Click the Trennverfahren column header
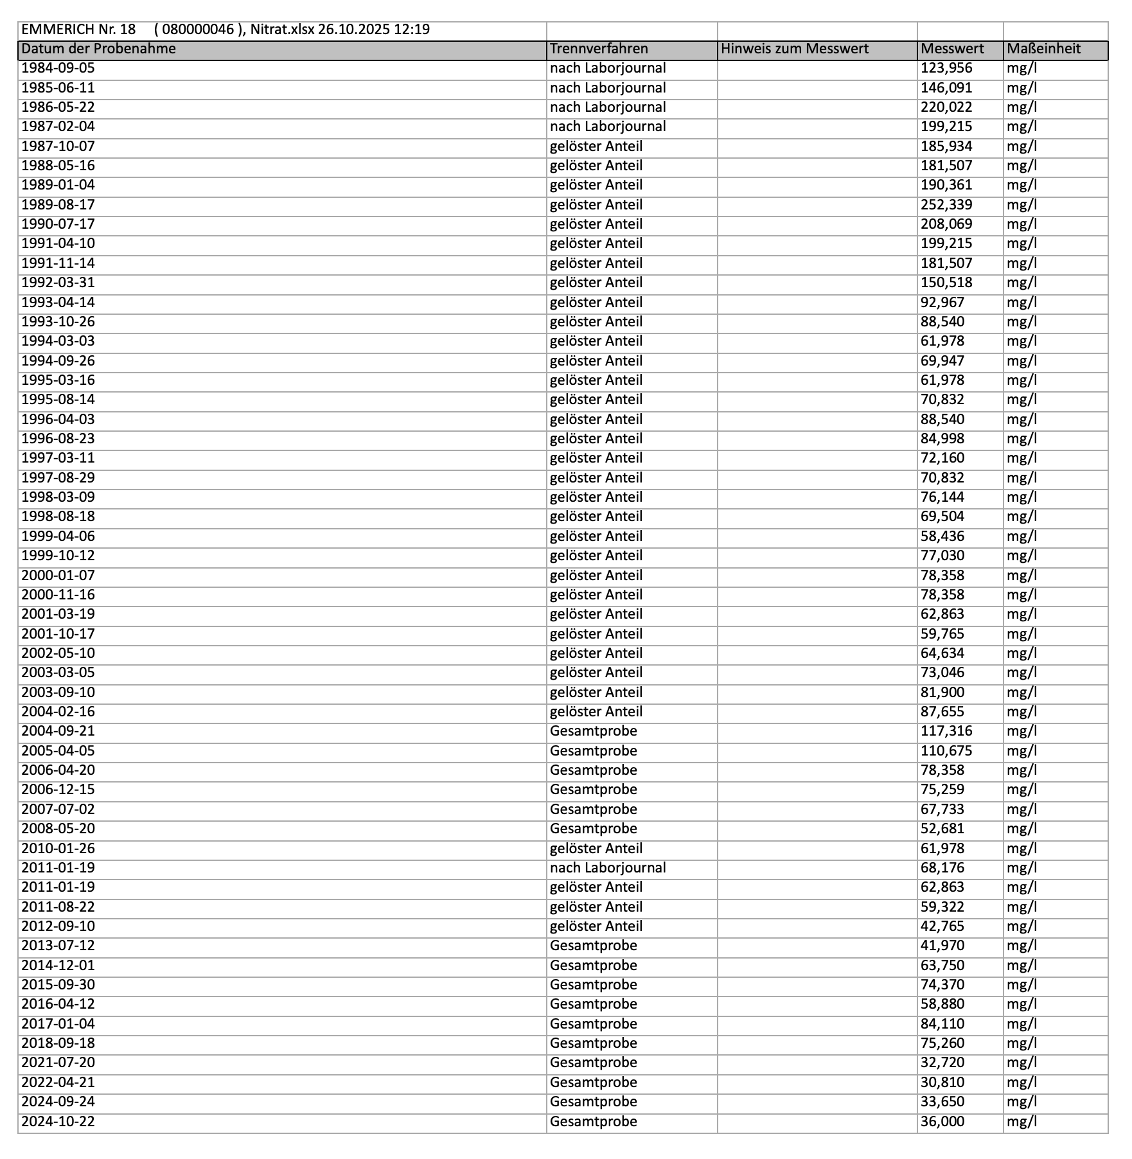point(599,49)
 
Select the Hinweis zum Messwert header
point(794,49)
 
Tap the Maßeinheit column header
point(1043,49)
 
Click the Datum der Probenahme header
point(98,49)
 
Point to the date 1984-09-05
point(58,68)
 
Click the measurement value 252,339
point(946,205)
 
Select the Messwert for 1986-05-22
point(946,107)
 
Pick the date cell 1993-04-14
point(58,303)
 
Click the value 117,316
point(946,731)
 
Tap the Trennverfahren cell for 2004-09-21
point(594,731)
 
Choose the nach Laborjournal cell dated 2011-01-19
point(608,868)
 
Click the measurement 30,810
point(942,1083)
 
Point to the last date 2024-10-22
point(58,1122)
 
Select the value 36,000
point(942,1122)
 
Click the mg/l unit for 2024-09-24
point(1021,1102)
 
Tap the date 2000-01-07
point(58,576)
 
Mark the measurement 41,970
point(942,946)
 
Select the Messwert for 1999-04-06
point(942,536)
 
